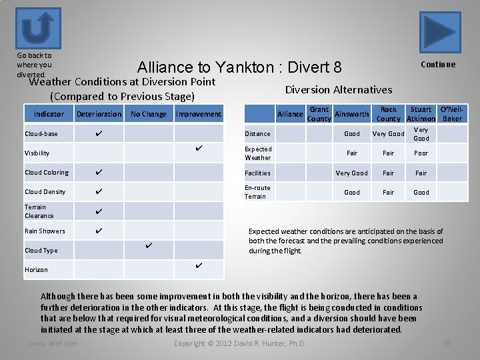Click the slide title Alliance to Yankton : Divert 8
pyautogui.click(x=239, y=67)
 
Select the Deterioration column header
pyautogui.click(x=99, y=114)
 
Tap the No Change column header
pyautogui.click(x=149, y=114)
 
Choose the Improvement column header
pyautogui.click(x=198, y=114)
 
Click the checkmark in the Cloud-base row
pyautogui.click(x=99, y=133)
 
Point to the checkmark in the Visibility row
pyautogui.click(x=198, y=148)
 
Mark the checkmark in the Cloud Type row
pyautogui.click(x=149, y=246)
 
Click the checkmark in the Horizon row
pyautogui.click(x=198, y=266)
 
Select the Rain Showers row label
pyautogui.click(x=45, y=231)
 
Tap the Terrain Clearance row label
pyautogui.click(x=39, y=211)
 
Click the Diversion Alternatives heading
pyautogui.click(x=339, y=89)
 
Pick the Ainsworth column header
pyautogui.click(x=351, y=114)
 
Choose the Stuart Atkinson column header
pyautogui.click(x=421, y=114)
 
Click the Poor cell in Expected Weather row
pyautogui.click(x=421, y=153)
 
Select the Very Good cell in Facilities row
pyautogui.click(x=351, y=173)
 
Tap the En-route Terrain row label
pyautogui.click(x=257, y=192)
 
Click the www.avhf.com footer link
pyautogui.click(x=53, y=343)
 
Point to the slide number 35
pyautogui.click(x=447, y=343)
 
